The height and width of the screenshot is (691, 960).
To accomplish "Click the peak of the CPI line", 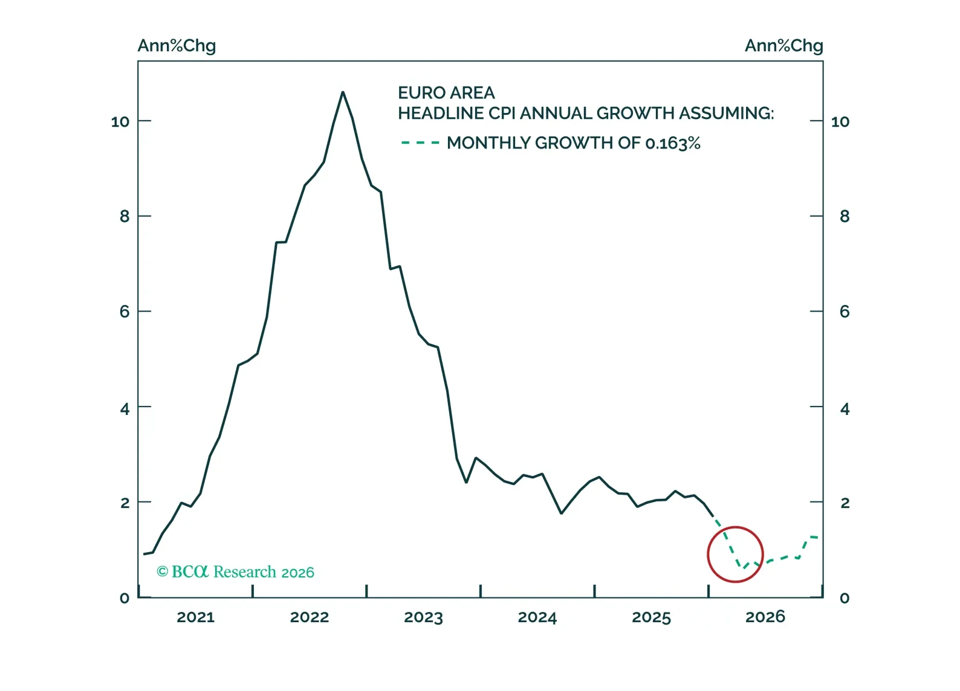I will pyautogui.click(x=343, y=92).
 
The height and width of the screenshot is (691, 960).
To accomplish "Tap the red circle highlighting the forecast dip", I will pyautogui.click(x=735, y=554).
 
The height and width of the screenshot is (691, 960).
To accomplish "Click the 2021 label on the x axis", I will pyautogui.click(x=195, y=617).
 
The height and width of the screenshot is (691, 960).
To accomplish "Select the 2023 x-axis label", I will pyautogui.click(x=423, y=617).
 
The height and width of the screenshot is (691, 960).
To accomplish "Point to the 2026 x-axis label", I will pyautogui.click(x=765, y=617).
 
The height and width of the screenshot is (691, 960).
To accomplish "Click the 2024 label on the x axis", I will pyautogui.click(x=537, y=617).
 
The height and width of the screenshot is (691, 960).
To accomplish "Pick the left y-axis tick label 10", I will pyautogui.click(x=120, y=122).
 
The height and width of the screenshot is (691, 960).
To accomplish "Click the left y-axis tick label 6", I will pyautogui.click(x=125, y=312).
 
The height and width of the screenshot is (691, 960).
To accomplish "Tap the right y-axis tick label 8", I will pyautogui.click(x=845, y=216).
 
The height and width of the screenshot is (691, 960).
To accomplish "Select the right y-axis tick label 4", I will pyautogui.click(x=845, y=409).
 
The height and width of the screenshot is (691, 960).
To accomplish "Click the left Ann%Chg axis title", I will pyautogui.click(x=177, y=46).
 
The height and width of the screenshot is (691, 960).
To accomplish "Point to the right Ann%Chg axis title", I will pyautogui.click(x=783, y=46).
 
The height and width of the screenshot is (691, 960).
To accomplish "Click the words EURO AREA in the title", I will pyautogui.click(x=446, y=93).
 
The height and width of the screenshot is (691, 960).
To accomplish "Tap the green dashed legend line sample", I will pyautogui.click(x=420, y=143).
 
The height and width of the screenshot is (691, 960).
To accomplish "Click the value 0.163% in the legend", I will pyautogui.click(x=672, y=143).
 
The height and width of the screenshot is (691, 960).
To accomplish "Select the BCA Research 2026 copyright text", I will pyautogui.click(x=236, y=571).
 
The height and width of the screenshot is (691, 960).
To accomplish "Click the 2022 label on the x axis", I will pyautogui.click(x=309, y=617).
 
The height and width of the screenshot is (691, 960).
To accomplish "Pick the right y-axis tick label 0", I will pyautogui.click(x=845, y=598).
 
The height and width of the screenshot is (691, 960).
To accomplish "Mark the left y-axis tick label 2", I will pyautogui.click(x=125, y=503).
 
